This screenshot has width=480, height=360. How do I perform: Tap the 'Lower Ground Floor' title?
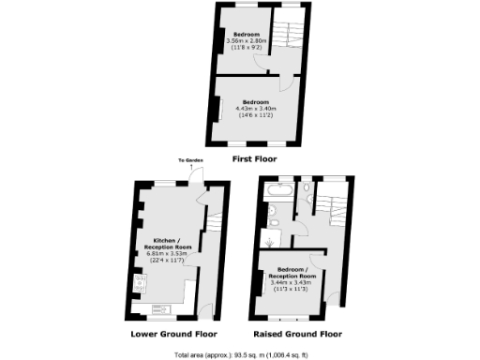170,333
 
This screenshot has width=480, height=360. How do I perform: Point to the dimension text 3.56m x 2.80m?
249,41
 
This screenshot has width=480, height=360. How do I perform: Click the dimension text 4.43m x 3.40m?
256,107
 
